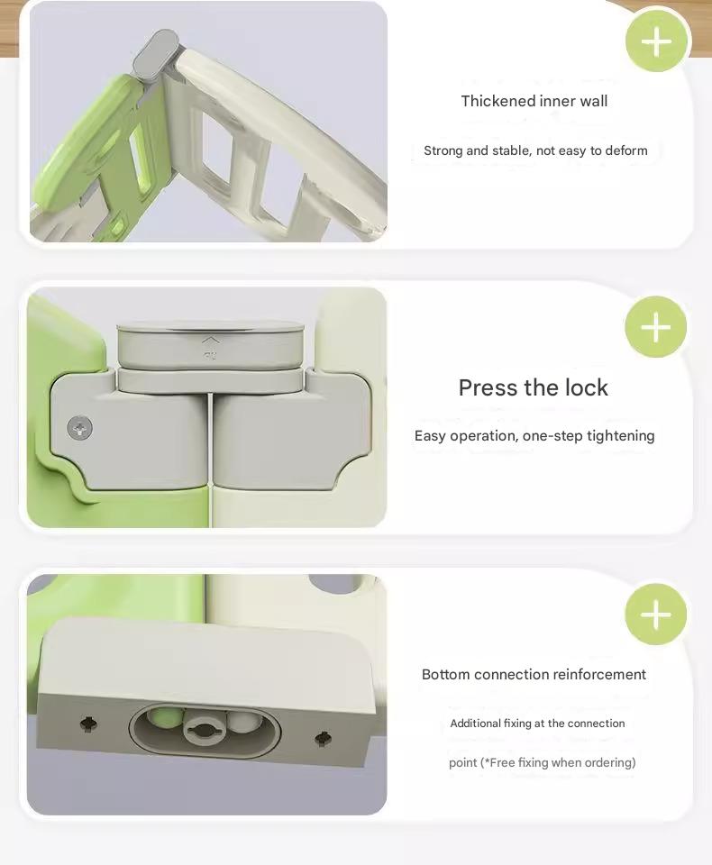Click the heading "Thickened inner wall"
click(x=534, y=101)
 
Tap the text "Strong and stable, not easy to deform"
click(x=535, y=150)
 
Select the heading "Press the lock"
click(x=534, y=387)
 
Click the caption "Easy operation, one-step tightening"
click(x=534, y=436)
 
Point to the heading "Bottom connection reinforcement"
click(x=534, y=674)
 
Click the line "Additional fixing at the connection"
click(x=537, y=724)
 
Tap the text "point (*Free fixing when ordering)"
click(x=542, y=762)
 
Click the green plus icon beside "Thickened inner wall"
click(x=656, y=41)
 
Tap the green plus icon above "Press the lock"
click(x=655, y=327)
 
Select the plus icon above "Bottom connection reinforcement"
click(x=655, y=615)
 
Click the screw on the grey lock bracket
click(x=80, y=428)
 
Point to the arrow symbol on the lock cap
click(x=210, y=341)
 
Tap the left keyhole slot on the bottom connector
click(x=88, y=723)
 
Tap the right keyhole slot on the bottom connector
click(x=323, y=739)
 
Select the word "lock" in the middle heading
click(x=587, y=387)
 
